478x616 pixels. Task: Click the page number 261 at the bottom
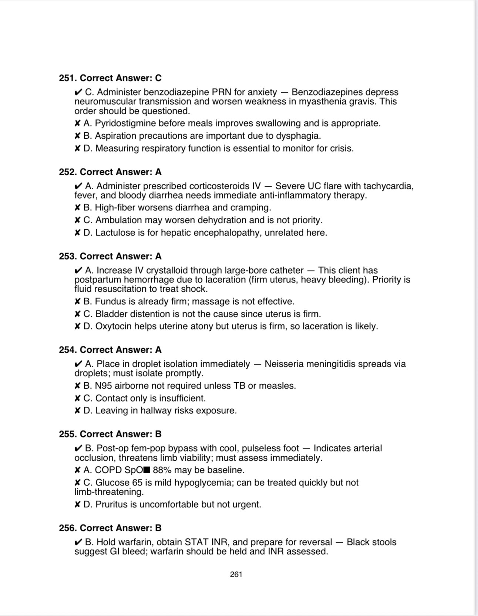[236, 574]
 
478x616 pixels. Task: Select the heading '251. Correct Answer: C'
[110, 78]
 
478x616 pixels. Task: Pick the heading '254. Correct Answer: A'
[110, 350]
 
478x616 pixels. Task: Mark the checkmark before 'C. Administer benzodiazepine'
[78, 92]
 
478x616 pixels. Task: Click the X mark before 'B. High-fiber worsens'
[77, 208]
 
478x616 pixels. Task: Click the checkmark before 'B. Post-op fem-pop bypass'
[78, 448]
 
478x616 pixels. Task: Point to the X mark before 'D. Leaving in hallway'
[77, 411]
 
